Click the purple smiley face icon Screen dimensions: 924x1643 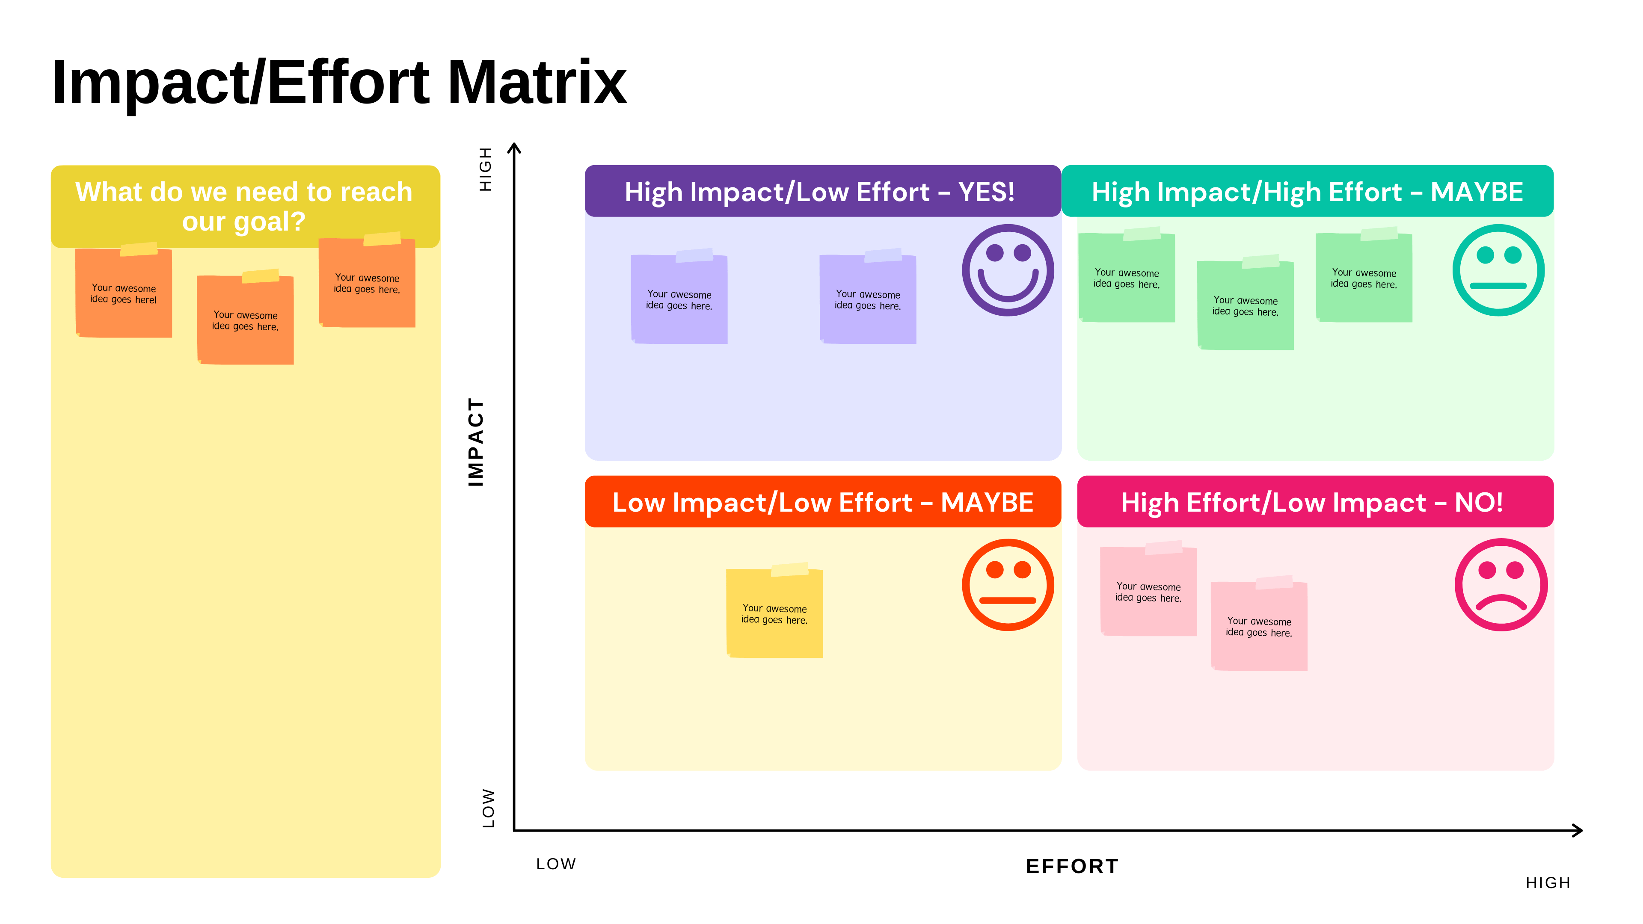1008,270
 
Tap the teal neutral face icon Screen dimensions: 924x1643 1498,270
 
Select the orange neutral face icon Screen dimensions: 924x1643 1008,585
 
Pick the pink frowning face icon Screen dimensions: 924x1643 1501,585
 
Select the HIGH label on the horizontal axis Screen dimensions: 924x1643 1548,883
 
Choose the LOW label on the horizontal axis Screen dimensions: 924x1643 555,864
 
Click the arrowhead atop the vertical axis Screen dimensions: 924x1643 514,148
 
